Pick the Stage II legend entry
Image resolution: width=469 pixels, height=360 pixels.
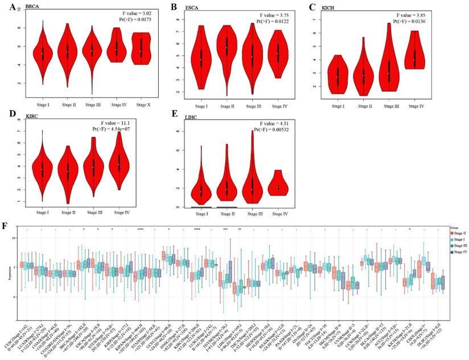click(454, 232)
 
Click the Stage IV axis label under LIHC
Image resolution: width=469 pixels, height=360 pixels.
click(278, 214)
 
